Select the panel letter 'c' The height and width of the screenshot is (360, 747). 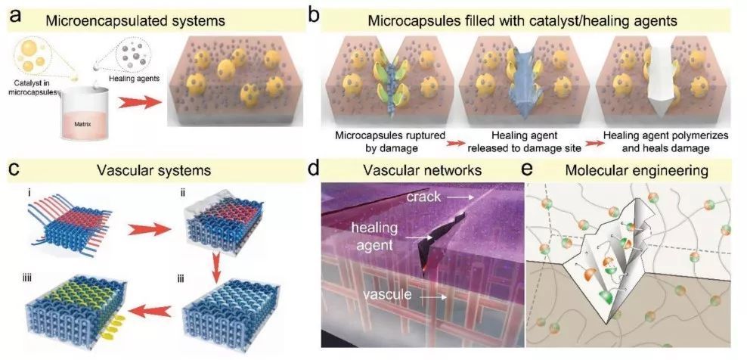click(x=15, y=169)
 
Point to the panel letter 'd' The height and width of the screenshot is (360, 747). click(x=314, y=169)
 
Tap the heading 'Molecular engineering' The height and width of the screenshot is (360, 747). click(x=637, y=171)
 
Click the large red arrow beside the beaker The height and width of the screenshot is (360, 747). click(x=138, y=102)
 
